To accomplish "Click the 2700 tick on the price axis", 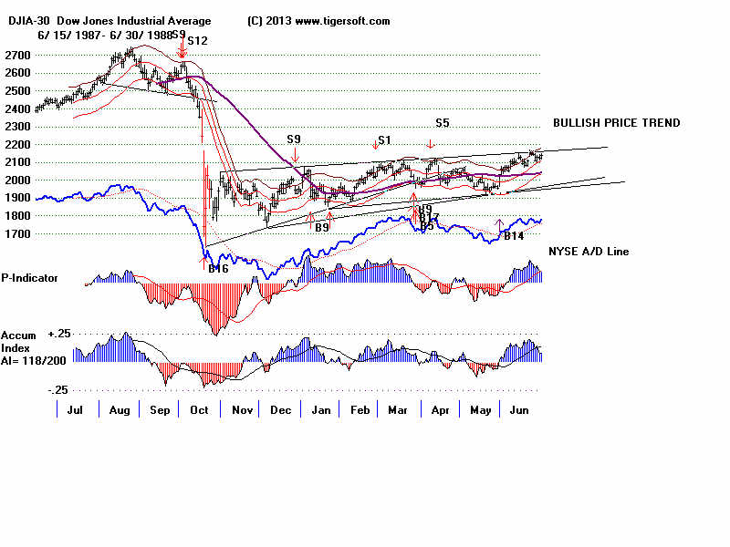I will point(16,56).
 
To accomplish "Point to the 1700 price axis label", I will point(16,233).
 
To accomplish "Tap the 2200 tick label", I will point(16,144).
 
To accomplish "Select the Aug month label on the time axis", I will point(120,411).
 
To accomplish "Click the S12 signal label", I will point(198,41).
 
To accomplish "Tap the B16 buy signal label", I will point(217,268).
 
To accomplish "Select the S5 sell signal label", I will point(442,122).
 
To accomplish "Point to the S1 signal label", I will point(384,139).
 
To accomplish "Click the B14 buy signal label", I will point(514,236).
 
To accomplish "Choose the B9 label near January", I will point(321,227).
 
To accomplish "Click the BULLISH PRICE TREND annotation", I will point(616,123).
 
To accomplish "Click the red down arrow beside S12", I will point(182,50).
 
